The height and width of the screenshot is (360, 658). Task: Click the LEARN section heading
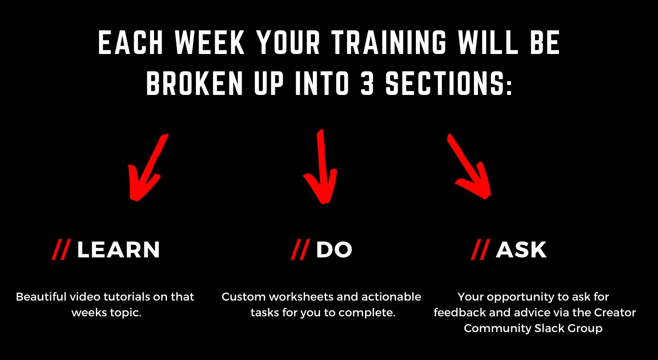click(118, 250)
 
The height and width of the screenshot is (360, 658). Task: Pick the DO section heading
click(334, 250)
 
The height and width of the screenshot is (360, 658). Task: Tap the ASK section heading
click(521, 250)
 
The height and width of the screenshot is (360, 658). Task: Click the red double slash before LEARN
click(62, 250)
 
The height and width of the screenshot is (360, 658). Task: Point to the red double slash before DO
click(301, 250)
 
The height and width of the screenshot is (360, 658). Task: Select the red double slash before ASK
click(481, 250)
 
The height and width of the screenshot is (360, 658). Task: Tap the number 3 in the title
click(367, 84)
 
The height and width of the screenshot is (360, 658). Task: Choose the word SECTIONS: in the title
click(449, 84)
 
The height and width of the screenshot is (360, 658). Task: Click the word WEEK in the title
click(210, 43)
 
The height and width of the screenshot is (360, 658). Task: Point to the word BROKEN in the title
click(194, 84)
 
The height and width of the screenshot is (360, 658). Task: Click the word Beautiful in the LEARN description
click(41, 297)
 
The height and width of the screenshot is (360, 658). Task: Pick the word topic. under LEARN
click(126, 313)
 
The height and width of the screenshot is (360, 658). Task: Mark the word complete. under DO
click(367, 313)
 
